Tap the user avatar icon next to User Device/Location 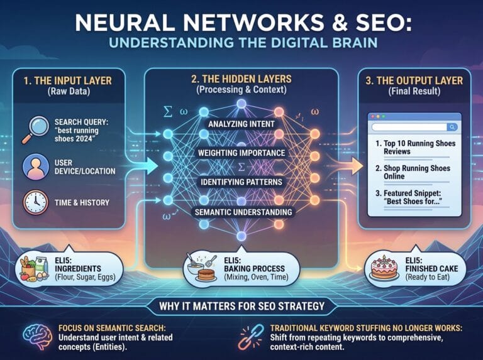(x=35, y=167)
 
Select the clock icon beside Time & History (x=35, y=202)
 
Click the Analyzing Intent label (x=241, y=124)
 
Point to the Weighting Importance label (x=241, y=153)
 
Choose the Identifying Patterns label (x=241, y=182)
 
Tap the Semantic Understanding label (x=243, y=212)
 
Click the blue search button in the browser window (x=452, y=127)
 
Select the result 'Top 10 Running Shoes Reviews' (x=416, y=148)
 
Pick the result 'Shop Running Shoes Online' (x=413, y=172)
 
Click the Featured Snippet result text (x=409, y=197)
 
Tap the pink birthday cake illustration (x=384, y=268)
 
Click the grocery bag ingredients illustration (x=34, y=269)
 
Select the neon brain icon (x=38, y=336)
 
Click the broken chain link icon (x=252, y=337)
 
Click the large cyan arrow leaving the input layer (x=145, y=166)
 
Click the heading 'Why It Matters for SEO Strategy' (x=241, y=306)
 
